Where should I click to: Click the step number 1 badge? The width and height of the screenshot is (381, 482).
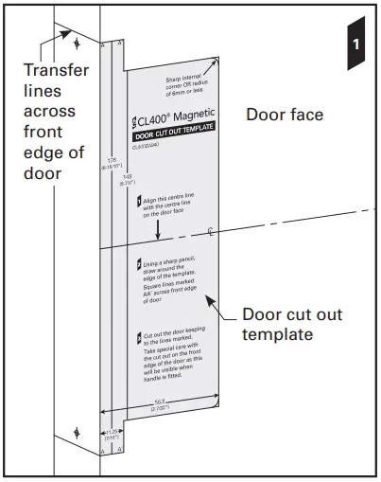tap(355, 44)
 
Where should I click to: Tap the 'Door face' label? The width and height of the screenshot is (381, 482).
tap(285, 116)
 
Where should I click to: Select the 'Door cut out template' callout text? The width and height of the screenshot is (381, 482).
tap(292, 325)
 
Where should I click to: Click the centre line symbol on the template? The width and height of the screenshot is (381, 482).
tap(210, 230)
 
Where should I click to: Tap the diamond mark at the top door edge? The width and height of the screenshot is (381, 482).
tap(77, 44)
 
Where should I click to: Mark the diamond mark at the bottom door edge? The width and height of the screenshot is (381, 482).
tap(77, 437)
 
